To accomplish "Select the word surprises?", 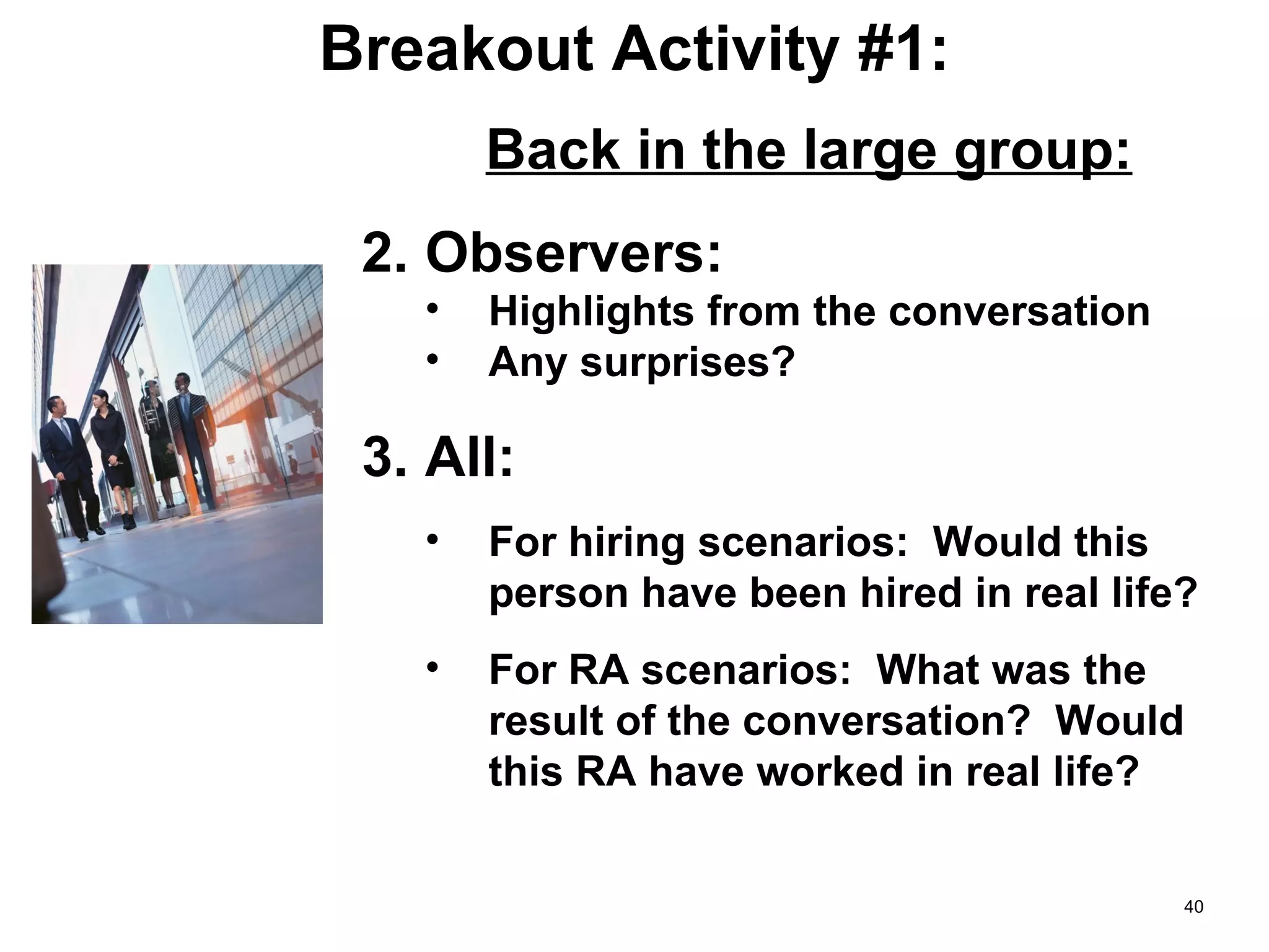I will tap(687, 363).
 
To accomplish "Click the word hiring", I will tap(626, 543).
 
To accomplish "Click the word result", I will tap(545, 721).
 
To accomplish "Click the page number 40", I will tap(1193, 907).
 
